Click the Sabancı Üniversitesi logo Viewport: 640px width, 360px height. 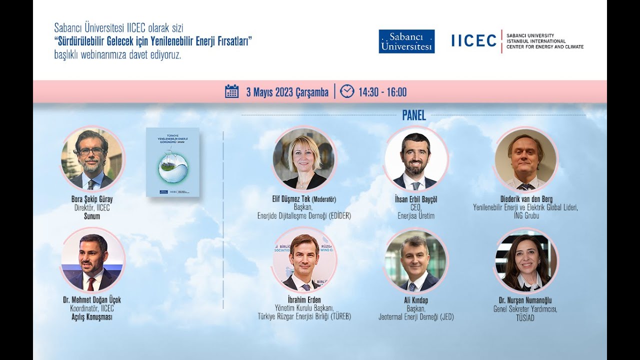(406, 41)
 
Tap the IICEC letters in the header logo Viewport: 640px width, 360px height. (473, 41)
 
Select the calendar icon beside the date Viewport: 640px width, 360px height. (231, 91)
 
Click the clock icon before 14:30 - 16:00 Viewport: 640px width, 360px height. (346, 91)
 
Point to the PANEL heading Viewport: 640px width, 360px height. (414, 115)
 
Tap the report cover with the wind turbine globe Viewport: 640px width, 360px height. (172, 162)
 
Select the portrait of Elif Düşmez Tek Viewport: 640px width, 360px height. (304, 159)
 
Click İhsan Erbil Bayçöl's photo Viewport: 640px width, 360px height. (415, 160)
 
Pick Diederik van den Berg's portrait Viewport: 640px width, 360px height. (525, 160)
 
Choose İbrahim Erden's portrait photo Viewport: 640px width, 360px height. (304, 261)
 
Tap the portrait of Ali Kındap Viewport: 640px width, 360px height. (415, 261)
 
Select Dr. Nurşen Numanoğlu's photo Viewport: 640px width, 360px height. (526, 261)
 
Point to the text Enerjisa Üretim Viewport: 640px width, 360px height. (415, 216)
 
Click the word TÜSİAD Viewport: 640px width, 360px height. (525, 317)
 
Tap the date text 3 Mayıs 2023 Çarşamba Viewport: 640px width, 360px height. (287, 92)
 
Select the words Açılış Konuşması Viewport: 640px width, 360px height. (92, 317)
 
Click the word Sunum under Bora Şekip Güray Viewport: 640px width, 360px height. (92, 216)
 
